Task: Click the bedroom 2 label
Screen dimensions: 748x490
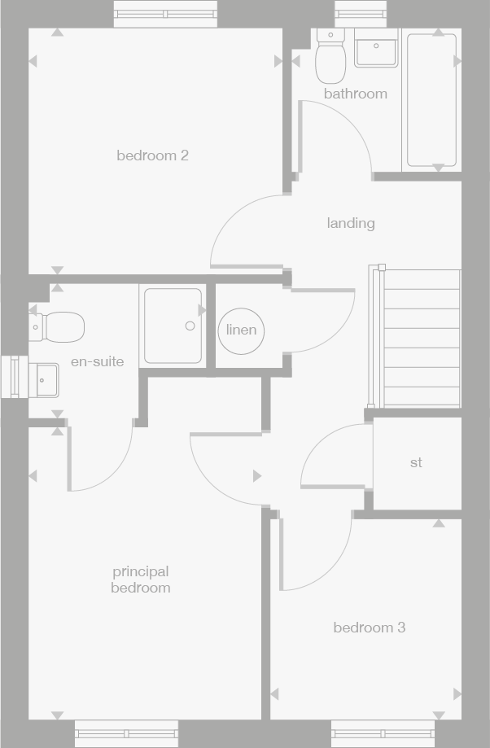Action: coord(152,155)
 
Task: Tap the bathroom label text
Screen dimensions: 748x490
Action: coord(355,94)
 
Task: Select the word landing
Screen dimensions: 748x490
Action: coord(351,223)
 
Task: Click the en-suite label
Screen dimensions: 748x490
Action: coord(97,361)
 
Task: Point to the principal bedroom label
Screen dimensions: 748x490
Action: coord(141,580)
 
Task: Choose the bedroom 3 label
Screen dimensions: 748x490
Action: coord(369,628)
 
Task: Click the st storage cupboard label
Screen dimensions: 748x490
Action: coord(416,462)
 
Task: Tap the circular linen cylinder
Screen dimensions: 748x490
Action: coord(241,330)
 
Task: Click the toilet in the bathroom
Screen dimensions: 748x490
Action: coord(330,57)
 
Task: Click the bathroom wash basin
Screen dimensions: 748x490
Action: coord(376,48)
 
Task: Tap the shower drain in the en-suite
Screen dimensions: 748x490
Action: coord(190,326)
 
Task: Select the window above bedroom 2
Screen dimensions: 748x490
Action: coord(165,14)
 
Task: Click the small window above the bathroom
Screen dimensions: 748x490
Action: coord(350,14)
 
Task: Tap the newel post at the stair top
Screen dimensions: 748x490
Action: coord(382,267)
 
